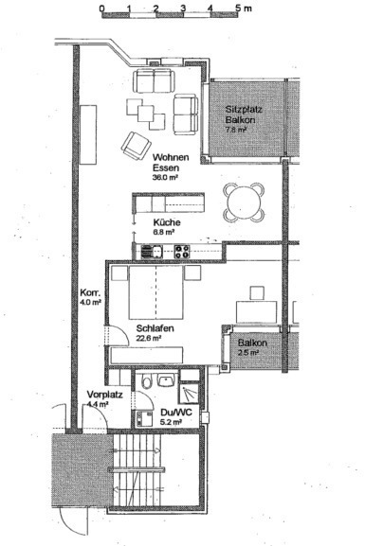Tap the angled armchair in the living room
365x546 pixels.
pos(132,144)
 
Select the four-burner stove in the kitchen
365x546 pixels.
pos(179,251)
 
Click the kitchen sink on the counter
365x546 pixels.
pos(149,251)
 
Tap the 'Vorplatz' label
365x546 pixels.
pos(101,396)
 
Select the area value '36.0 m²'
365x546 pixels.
pos(166,177)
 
